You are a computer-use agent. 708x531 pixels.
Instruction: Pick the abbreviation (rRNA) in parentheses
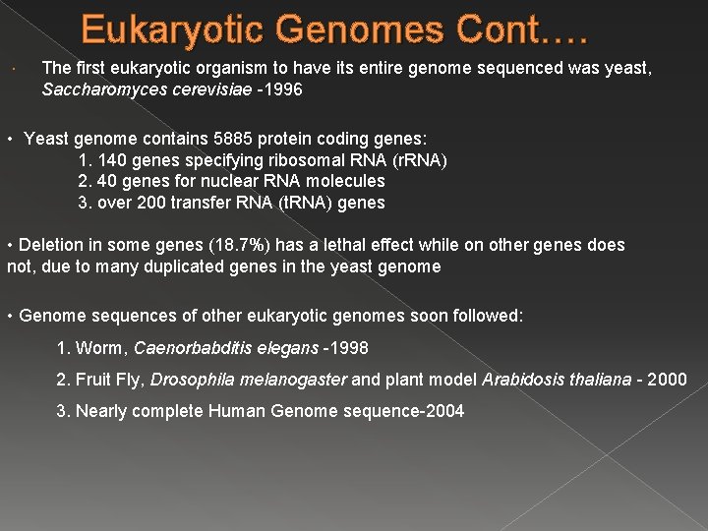416,160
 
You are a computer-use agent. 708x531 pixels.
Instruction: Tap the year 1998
348,348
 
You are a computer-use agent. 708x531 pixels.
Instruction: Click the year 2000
668,380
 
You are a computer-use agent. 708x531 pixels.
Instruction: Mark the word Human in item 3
235,411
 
